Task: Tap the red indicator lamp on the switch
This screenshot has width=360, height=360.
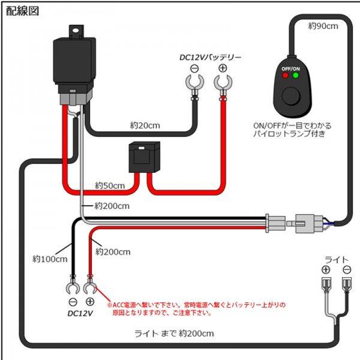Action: pyautogui.click(x=285, y=76)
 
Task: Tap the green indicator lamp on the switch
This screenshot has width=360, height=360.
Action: pyautogui.click(x=295, y=76)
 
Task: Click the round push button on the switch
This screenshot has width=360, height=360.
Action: pyautogui.click(x=290, y=95)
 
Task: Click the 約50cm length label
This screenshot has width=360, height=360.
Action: pyautogui.click(x=110, y=185)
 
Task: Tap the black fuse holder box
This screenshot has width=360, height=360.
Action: pyautogui.click(x=142, y=158)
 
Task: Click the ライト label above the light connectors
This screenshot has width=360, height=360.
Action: pyautogui.click(x=336, y=259)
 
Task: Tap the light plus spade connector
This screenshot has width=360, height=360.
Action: pyautogui.click(x=326, y=283)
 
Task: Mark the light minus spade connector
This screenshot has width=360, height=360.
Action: pyautogui.click(x=346, y=283)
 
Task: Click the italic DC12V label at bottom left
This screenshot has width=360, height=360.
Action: pyautogui.click(x=80, y=313)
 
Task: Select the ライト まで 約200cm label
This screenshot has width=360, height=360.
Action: pyautogui.click(x=174, y=333)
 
